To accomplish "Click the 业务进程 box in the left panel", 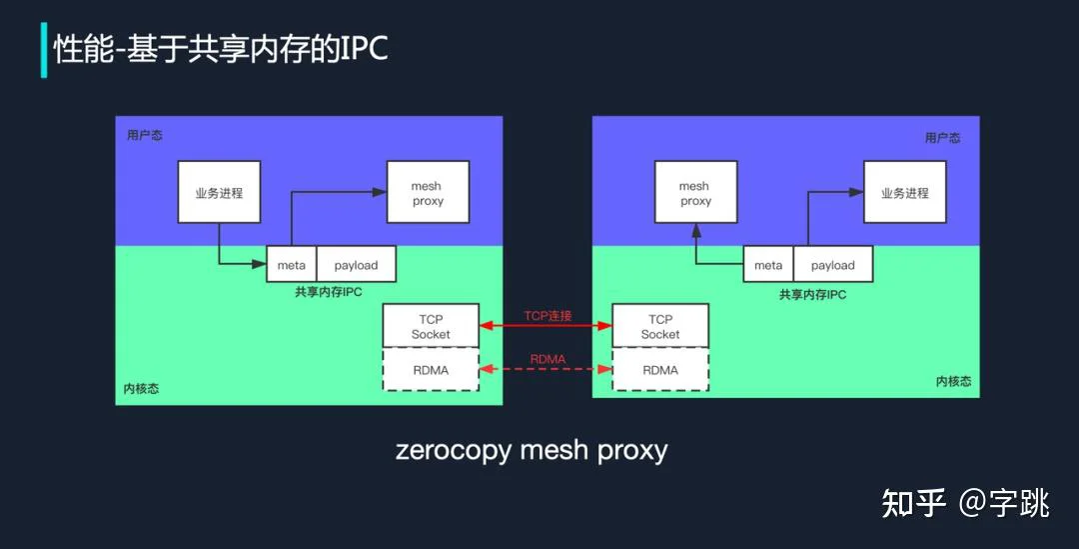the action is click(219, 192).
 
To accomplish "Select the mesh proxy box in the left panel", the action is click(428, 192).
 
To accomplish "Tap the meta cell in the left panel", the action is click(291, 265).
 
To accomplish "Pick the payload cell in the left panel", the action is click(356, 265).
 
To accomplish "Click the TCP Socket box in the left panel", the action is click(431, 326).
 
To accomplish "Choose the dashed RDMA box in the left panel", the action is click(431, 370).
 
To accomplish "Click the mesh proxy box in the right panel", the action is click(695, 192).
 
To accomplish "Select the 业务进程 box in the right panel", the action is click(905, 192).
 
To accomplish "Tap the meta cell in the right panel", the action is click(768, 265).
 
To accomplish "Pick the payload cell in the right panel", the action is click(832, 265).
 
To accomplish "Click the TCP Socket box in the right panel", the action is click(660, 326).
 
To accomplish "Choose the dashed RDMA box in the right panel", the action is click(660, 370).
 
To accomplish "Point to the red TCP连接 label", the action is click(547, 315).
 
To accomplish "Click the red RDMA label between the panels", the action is click(547, 359).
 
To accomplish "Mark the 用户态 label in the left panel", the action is click(145, 135).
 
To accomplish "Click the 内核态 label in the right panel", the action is click(954, 381).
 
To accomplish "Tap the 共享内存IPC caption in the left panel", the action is click(329, 291).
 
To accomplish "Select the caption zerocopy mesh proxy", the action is click(532, 450).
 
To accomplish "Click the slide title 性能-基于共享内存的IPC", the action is click(221, 49).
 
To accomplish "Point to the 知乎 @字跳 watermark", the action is click(965, 503).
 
